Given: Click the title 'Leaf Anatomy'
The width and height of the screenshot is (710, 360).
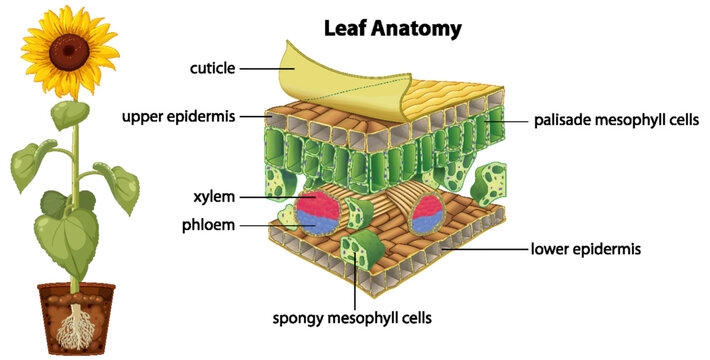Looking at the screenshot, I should pyautogui.click(x=392, y=28).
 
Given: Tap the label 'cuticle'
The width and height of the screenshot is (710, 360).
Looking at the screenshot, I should pyautogui.click(x=212, y=68).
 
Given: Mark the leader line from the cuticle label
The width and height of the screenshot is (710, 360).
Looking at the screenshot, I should pyautogui.click(x=265, y=68).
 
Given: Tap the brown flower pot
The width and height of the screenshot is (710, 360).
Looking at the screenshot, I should pyautogui.click(x=76, y=315).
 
